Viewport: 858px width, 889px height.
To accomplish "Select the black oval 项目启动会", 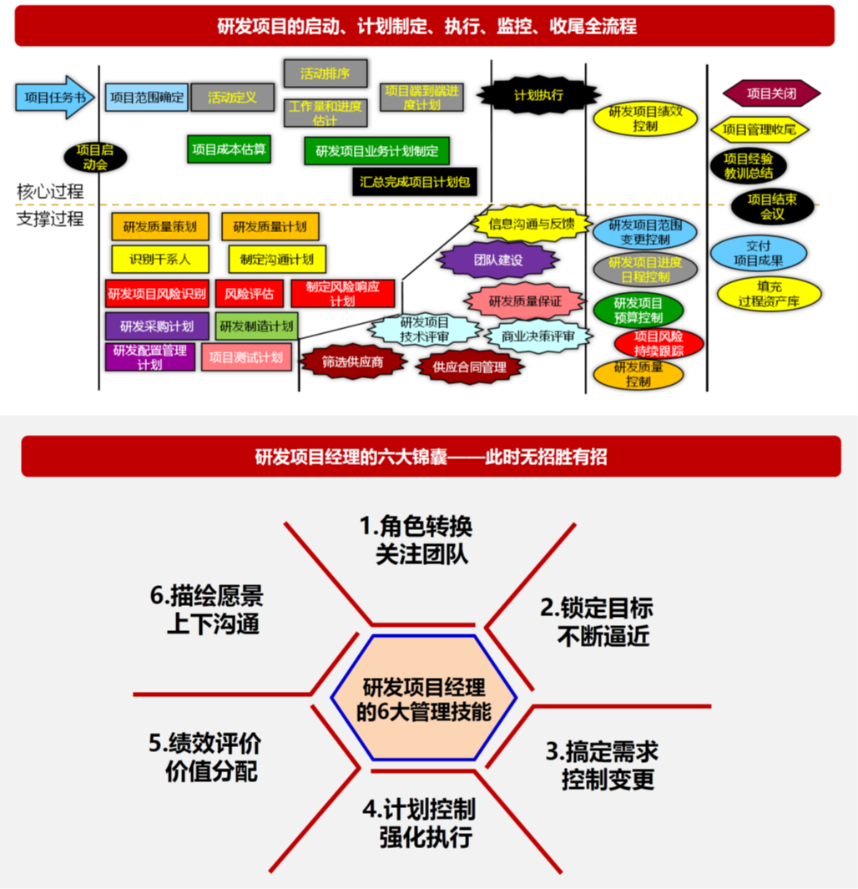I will (x=94, y=157).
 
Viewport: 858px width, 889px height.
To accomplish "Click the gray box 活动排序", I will (x=325, y=73).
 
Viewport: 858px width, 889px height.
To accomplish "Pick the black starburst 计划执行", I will (x=538, y=95).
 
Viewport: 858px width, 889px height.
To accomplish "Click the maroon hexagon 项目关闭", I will (x=770, y=93).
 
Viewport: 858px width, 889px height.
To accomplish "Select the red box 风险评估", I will (x=249, y=293).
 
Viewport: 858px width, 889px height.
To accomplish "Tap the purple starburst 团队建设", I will (x=497, y=260).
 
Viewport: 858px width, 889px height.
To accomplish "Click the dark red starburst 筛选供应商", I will (x=352, y=361).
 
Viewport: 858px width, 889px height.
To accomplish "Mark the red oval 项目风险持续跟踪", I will (x=659, y=342).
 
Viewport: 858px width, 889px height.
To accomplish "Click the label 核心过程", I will (x=50, y=191).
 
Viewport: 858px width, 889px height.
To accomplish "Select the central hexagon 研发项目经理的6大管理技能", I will (x=424, y=700).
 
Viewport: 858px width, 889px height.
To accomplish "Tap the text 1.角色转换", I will (x=416, y=527).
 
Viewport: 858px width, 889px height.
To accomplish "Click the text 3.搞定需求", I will (x=602, y=751).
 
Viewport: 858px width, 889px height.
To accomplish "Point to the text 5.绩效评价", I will (x=204, y=743).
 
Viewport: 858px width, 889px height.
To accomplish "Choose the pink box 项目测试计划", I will (x=246, y=357).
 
